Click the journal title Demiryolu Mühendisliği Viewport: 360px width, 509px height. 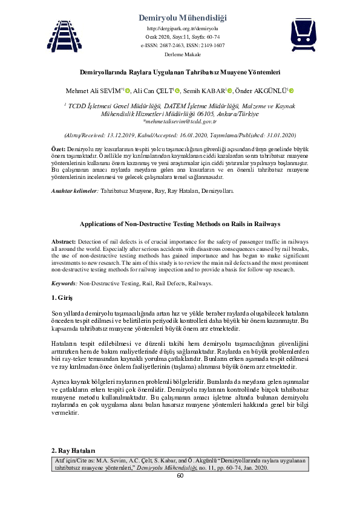pyautogui.click(x=182, y=18)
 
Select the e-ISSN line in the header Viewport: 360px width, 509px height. pyautogui.click(x=182, y=45)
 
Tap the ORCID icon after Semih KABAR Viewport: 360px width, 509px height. pyautogui.click(x=230, y=91)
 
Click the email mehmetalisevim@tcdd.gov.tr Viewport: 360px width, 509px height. pyautogui.click(x=180, y=121)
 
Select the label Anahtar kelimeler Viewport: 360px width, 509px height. pyautogui.click(x=73, y=191)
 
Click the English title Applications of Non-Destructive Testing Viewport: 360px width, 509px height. pyautogui.click(x=180, y=224)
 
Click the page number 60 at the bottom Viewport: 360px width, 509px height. pyautogui.click(x=180, y=475)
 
